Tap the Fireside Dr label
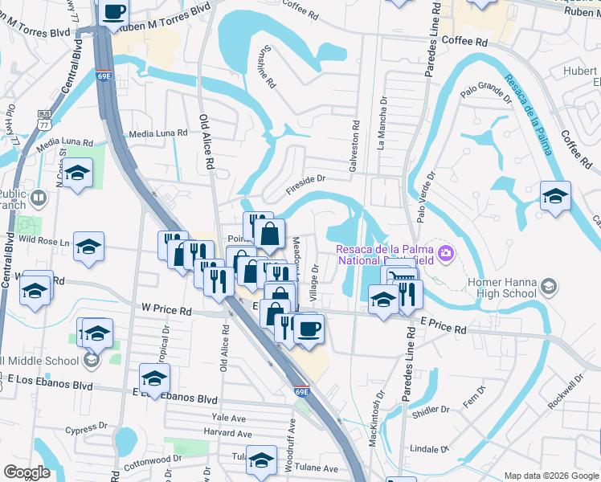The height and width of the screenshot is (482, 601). coord(306,186)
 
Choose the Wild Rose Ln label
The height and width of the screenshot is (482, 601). coord(44,239)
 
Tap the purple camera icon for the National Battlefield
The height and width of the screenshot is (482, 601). coord(446,255)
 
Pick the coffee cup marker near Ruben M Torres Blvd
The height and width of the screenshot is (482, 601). coord(114,12)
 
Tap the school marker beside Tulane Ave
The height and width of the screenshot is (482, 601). coord(261,460)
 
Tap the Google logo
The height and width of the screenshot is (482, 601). coord(27,472)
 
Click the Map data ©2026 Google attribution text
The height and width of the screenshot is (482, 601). coord(550,476)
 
